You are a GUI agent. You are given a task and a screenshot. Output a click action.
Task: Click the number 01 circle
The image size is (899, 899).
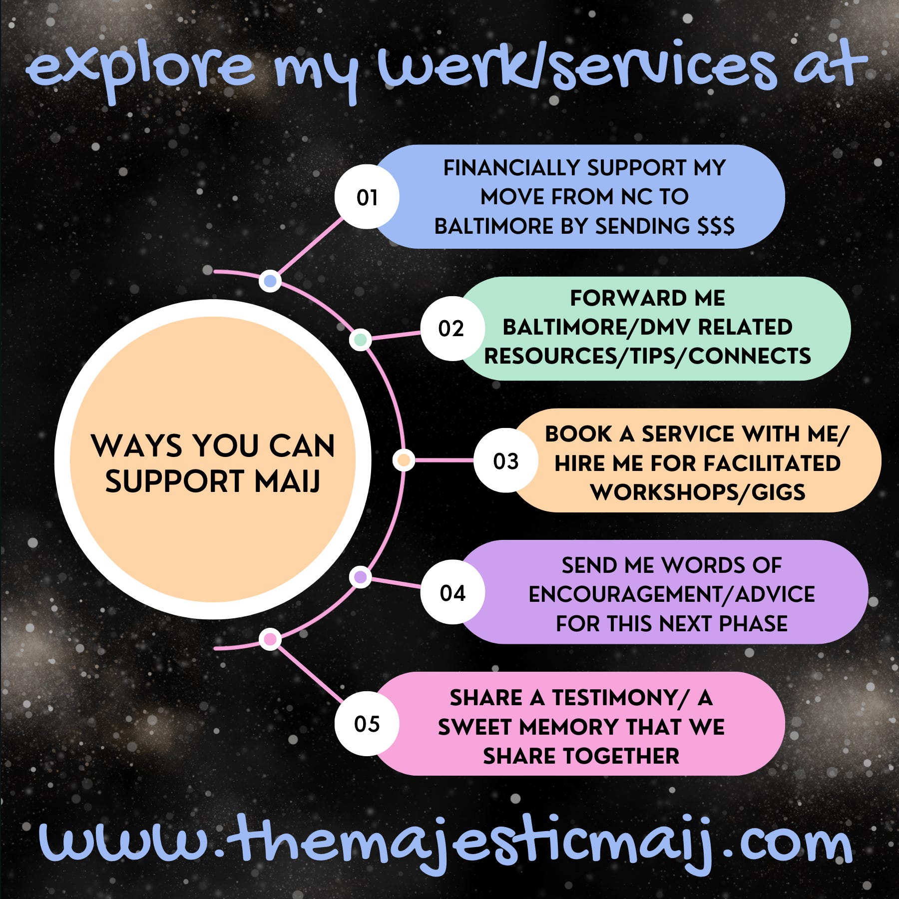367,197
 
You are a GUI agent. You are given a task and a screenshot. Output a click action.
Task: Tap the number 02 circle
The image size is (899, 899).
452,328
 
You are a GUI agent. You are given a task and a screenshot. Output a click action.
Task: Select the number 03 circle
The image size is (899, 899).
505,460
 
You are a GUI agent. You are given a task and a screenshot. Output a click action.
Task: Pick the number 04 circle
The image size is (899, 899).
452,592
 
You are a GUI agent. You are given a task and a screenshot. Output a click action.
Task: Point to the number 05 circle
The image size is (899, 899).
367,724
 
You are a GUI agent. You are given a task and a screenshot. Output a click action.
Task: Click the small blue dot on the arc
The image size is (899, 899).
270,281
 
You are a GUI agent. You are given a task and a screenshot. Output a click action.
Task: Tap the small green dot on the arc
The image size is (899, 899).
360,340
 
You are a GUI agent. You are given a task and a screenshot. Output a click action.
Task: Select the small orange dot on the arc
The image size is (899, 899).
404,460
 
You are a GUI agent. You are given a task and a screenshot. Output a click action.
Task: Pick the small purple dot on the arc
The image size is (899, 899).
360,577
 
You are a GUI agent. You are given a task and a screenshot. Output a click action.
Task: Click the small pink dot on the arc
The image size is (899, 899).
270,639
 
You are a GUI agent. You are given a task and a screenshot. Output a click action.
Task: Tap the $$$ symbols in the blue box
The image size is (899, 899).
716,226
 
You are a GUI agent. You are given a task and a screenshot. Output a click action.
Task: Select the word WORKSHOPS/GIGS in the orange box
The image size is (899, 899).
698,492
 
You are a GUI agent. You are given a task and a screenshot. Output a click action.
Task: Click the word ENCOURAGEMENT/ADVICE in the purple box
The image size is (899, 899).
672,594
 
